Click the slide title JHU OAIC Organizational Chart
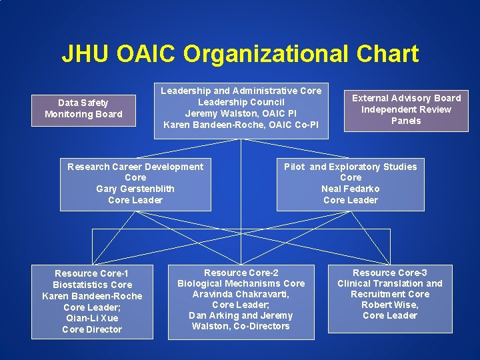pos(240,54)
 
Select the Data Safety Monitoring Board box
pos(83,109)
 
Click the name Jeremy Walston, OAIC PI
pos(241,113)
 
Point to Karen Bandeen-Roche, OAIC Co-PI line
pos(241,125)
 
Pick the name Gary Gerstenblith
pos(135,189)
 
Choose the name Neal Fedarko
pos(350,189)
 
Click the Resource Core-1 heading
pos(92,273)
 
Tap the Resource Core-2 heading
pos(241,273)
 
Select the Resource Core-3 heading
pos(390,273)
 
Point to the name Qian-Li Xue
pos(92,318)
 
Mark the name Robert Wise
pos(389,305)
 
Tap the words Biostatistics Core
pos(92,285)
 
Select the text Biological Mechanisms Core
pos(241,283)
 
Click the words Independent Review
pos(406,109)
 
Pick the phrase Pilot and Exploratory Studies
pos(350,167)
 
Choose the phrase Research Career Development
pos(135,167)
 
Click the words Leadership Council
pos(241,102)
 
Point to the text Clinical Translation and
pos(390,283)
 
